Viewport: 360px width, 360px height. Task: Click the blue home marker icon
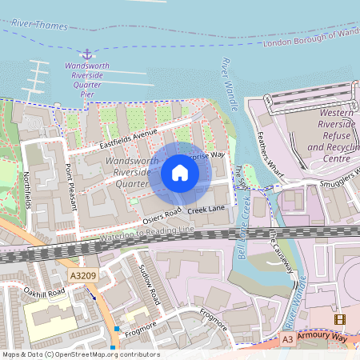click(x=180, y=173)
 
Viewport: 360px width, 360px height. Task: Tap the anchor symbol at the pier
click(x=89, y=52)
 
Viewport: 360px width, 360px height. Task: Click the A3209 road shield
click(x=82, y=275)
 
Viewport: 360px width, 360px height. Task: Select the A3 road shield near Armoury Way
click(x=287, y=340)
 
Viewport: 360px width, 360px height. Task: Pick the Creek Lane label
click(x=207, y=208)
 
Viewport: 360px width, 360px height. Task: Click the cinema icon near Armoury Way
click(x=340, y=320)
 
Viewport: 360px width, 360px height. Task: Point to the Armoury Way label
click(x=326, y=338)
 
